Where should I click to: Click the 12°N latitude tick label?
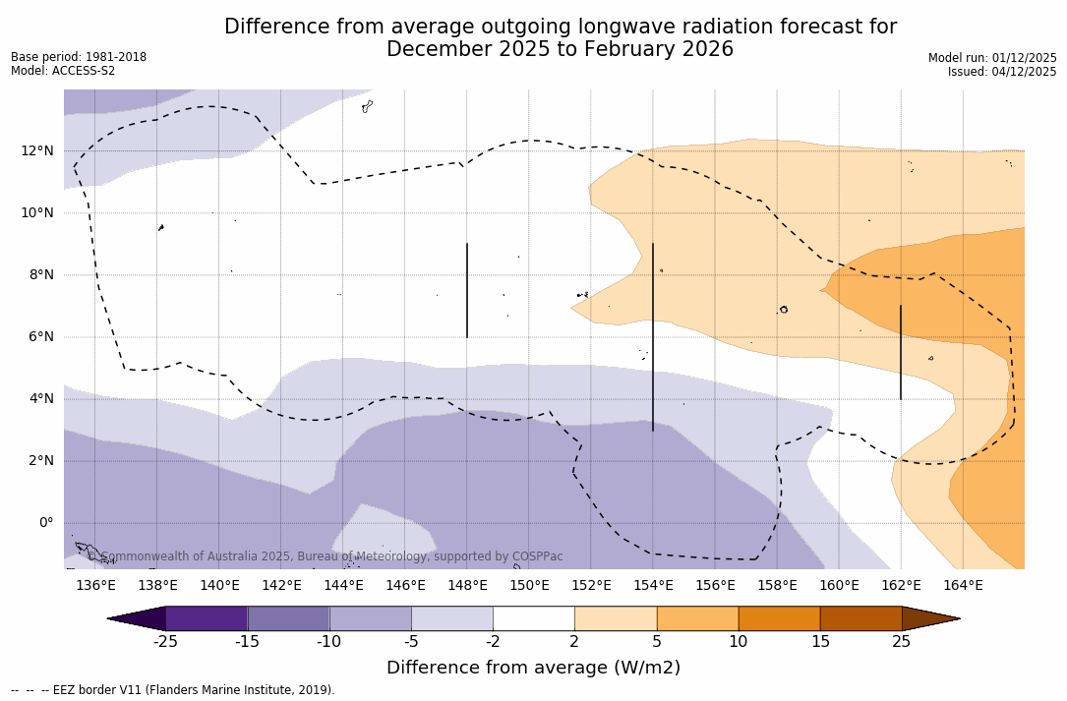click(37, 150)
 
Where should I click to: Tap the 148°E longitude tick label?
click(467, 586)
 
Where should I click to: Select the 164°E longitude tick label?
click(963, 586)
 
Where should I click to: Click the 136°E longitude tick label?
click(95, 586)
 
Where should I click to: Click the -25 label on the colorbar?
click(165, 642)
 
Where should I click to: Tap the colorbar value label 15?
click(820, 642)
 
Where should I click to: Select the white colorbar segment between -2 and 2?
click(533, 618)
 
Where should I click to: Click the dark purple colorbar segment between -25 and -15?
click(207, 618)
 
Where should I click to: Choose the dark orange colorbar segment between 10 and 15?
click(779, 618)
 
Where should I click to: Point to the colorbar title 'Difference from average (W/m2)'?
click(533, 669)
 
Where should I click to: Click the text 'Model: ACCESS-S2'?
click(63, 71)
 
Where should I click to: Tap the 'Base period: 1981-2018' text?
click(79, 57)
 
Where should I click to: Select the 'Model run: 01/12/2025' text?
click(992, 58)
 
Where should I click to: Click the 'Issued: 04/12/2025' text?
click(1002, 72)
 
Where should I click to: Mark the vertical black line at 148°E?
click(467, 290)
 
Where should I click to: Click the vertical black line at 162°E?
click(901, 352)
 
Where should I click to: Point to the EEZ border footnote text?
click(173, 690)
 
